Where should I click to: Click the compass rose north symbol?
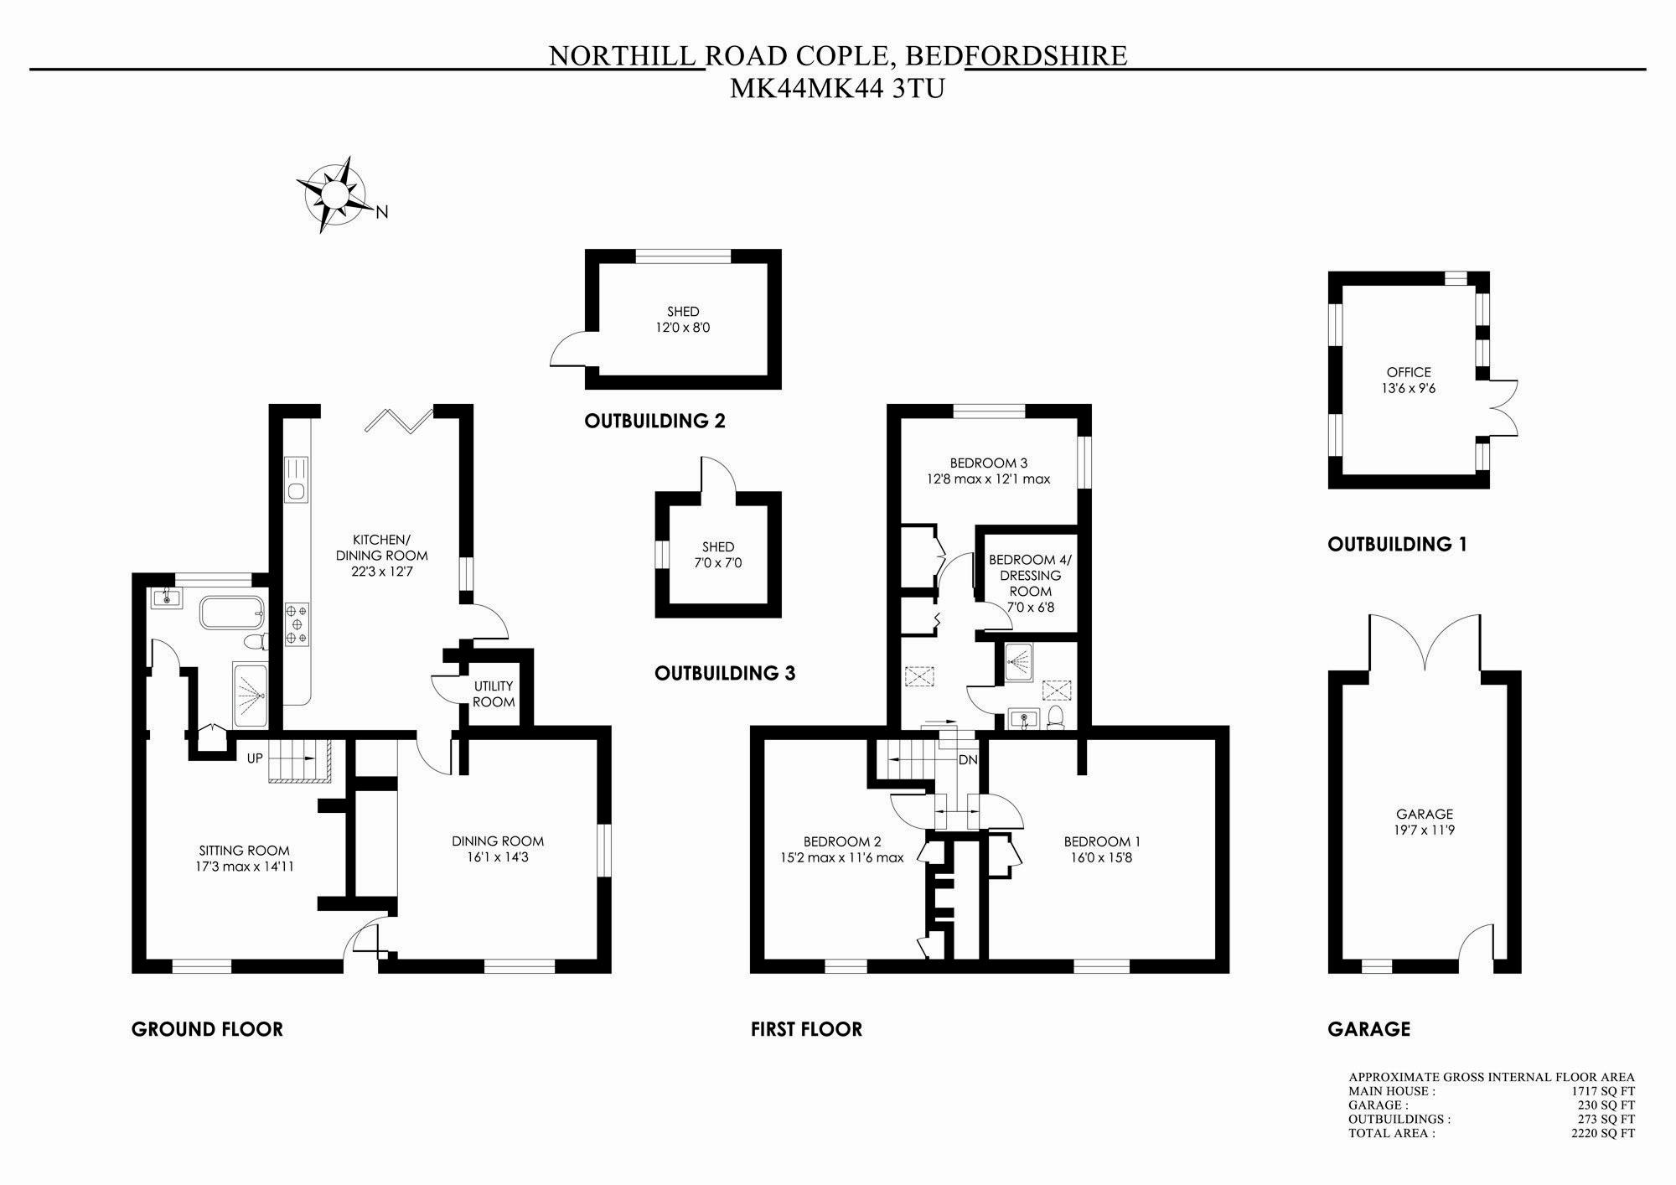[382, 213]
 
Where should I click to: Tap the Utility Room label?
[494, 694]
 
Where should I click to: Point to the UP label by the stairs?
[255, 758]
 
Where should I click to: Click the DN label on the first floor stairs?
[968, 760]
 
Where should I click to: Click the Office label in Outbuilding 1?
[1409, 372]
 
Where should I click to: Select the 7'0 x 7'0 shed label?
[718, 563]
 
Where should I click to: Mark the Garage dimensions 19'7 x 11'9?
[1425, 831]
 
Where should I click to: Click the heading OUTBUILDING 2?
[654, 421]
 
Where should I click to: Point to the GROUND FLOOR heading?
[207, 1029]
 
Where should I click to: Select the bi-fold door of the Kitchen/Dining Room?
[401, 421]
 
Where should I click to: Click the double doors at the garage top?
[1425, 644]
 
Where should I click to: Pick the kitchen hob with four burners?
[297, 624]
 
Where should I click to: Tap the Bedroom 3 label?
[989, 463]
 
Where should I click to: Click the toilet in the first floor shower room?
[1056, 717]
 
